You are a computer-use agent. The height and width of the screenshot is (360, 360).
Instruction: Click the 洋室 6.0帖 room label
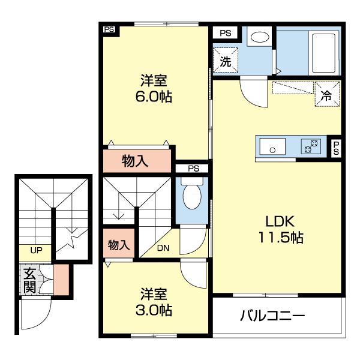(154, 88)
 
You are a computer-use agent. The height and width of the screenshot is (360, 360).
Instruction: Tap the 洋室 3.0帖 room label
(154, 302)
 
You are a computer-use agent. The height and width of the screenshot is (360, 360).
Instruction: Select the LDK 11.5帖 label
(281, 229)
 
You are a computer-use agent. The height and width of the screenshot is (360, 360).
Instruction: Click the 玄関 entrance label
(30, 280)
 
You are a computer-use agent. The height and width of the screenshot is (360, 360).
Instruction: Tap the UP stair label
(36, 250)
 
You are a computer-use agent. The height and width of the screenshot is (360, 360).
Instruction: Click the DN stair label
(163, 248)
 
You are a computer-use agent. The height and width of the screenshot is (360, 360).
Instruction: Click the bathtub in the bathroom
(324, 53)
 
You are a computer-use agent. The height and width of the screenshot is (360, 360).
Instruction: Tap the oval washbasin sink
(260, 37)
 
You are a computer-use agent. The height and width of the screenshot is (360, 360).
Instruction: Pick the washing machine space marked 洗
(226, 60)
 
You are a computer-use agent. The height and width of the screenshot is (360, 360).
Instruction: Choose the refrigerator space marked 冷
(327, 94)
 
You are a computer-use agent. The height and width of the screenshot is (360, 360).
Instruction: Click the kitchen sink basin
(272, 146)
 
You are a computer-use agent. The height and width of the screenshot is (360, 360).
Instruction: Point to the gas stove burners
(311, 146)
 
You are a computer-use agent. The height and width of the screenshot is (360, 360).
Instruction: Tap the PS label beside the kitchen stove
(336, 148)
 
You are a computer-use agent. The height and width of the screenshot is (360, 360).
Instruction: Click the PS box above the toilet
(192, 169)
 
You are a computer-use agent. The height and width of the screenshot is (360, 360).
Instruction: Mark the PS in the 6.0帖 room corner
(109, 29)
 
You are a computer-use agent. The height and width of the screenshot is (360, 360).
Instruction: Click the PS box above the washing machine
(225, 33)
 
